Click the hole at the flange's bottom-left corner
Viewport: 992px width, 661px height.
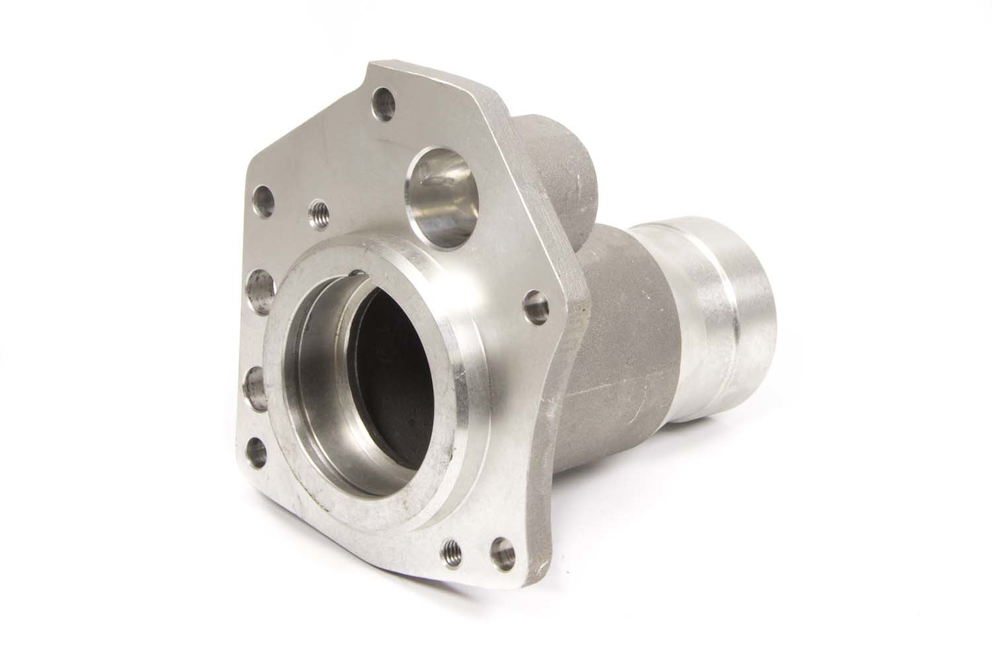pyautogui.click(x=257, y=453)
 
